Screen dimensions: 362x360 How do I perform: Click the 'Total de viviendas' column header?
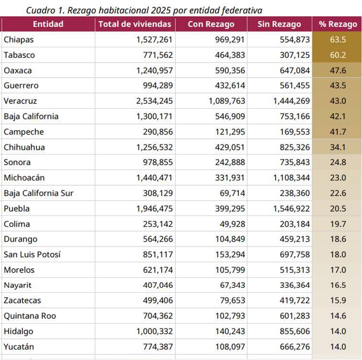click(x=135, y=24)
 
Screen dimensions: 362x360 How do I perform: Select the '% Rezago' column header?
click(x=338, y=24)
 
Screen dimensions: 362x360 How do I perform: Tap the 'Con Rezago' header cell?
click(x=211, y=24)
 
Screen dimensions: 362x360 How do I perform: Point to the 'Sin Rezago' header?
click(x=279, y=24)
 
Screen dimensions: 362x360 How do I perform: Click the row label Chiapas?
click(x=19, y=40)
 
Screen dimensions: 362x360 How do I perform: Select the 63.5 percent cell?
click(x=338, y=40)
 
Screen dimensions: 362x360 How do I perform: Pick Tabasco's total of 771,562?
click(x=158, y=55)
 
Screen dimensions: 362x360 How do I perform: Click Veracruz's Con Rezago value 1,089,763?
click(x=226, y=101)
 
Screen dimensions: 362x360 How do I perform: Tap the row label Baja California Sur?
click(x=39, y=193)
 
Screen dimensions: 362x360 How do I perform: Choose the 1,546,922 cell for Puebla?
click(x=291, y=209)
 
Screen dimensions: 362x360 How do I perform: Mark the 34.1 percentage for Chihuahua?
click(x=338, y=147)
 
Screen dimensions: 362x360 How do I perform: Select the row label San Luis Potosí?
click(x=32, y=255)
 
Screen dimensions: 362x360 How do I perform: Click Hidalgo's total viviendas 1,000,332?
click(x=155, y=331)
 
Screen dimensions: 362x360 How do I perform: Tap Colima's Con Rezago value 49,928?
click(x=232, y=224)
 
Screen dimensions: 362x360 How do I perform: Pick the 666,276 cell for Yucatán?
click(x=295, y=347)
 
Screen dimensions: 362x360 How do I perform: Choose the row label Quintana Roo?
click(x=30, y=316)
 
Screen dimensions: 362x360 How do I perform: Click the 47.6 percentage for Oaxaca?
click(x=338, y=70)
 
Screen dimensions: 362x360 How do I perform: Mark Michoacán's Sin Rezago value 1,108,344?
click(x=291, y=178)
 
